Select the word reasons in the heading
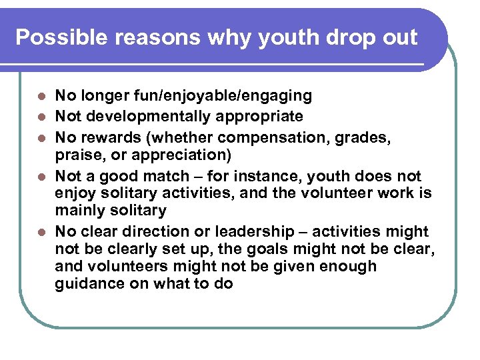click(x=145, y=37)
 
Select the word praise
click(x=77, y=155)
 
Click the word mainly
click(x=80, y=211)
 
